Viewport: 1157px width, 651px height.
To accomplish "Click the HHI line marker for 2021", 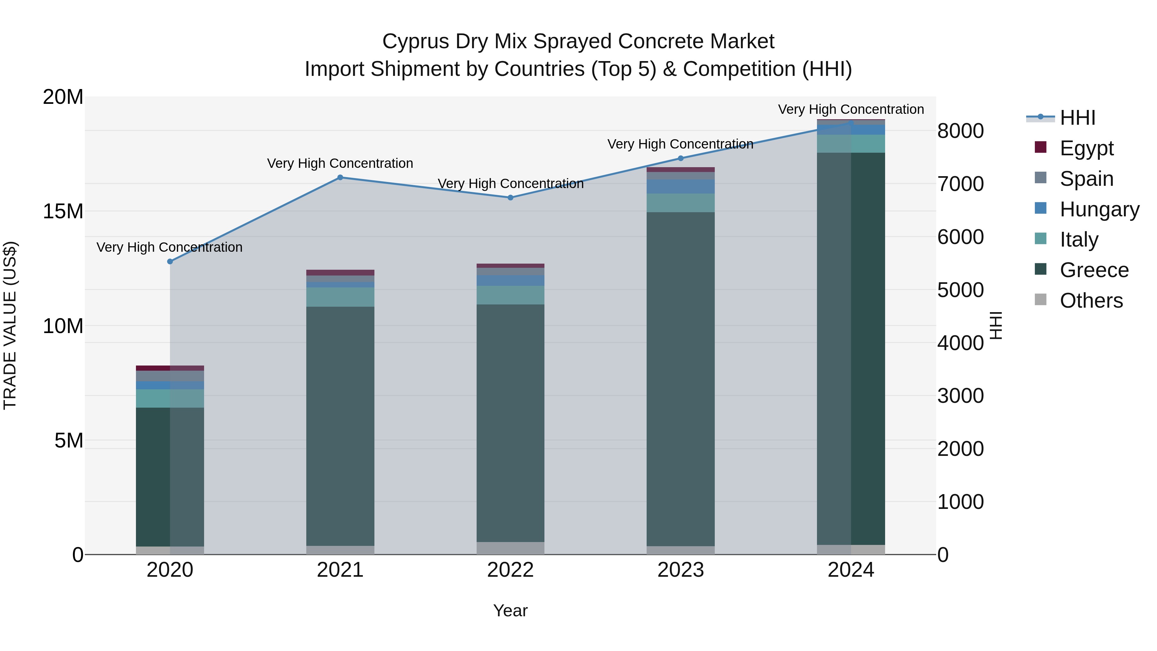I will click(340, 177).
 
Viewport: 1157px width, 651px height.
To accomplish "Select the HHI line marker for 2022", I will click(510, 198).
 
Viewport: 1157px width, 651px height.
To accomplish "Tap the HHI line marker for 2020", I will click(170, 261).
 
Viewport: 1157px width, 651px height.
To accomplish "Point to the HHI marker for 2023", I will click(680, 158).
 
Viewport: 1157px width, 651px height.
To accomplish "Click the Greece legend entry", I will click(1094, 270).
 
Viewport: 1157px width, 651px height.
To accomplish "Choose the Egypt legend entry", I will click(1086, 148).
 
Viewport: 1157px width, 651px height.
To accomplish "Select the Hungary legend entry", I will click(1099, 209).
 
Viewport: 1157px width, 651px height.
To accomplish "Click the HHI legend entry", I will click(1077, 118).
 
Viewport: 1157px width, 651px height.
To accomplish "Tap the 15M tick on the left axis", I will click(63, 211).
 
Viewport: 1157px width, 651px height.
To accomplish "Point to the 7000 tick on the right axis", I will click(960, 184).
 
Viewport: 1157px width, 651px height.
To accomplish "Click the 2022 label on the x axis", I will click(510, 570).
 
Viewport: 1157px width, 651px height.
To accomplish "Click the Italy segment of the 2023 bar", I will click(680, 203).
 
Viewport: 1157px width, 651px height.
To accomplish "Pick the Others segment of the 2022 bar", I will click(510, 548).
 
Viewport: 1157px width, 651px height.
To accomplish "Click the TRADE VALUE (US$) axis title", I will click(10, 325).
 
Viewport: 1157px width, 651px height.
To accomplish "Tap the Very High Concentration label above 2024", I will click(851, 109).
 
